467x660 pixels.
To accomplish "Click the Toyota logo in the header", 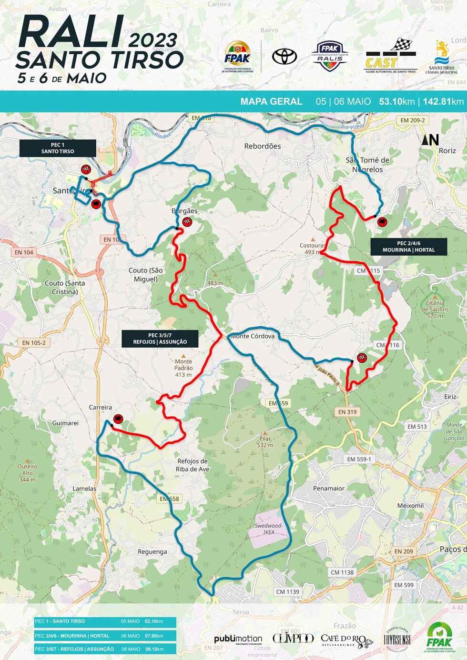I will point(284,57).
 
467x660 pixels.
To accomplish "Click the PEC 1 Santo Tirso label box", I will point(58,148).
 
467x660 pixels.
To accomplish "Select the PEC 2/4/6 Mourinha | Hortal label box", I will point(409,247).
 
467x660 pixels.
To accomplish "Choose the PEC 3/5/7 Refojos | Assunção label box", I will point(160,339).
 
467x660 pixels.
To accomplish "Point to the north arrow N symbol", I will point(430,140).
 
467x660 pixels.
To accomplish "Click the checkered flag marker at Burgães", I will point(187,222).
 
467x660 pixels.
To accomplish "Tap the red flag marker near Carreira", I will point(118,419).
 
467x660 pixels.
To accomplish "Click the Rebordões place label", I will point(263,146).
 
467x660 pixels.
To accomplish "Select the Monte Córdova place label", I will point(253,336).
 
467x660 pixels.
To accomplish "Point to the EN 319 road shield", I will point(347,412).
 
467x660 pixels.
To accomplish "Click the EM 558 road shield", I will point(169,499).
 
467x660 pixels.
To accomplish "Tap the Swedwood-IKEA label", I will point(269,529).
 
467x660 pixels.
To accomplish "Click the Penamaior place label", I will point(329,488).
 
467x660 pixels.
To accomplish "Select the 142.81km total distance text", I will point(443,101).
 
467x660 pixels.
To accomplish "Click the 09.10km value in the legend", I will point(154,649).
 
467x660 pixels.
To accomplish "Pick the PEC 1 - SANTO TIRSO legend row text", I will point(60,621).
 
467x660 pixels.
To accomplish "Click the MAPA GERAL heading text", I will point(271,101).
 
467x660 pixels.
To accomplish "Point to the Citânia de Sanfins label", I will point(435,309).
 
